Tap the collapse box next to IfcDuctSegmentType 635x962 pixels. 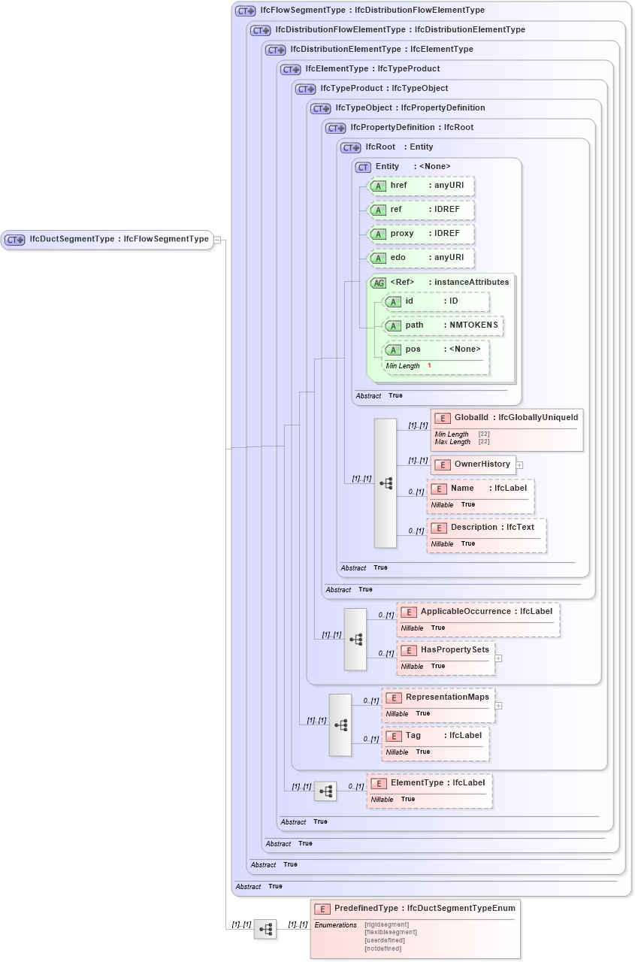click(x=217, y=240)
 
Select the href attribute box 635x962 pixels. click(x=421, y=186)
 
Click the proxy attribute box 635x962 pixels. click(x=421, y=234)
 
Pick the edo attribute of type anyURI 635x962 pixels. click(x=421, y=258)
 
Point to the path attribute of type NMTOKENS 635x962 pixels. click(x=443, y=325)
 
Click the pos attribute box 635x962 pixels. click(x=436, y=349)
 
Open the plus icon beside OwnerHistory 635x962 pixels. click(x=519, y=465)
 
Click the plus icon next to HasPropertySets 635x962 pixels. click(x=498, y=658)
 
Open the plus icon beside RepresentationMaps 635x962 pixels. click(x=498, y=705)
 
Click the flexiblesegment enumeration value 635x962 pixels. click(x=391, y=932)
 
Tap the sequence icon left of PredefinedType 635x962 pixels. click(x=265, y=929)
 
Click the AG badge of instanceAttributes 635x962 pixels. click(x=379, y=283)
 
